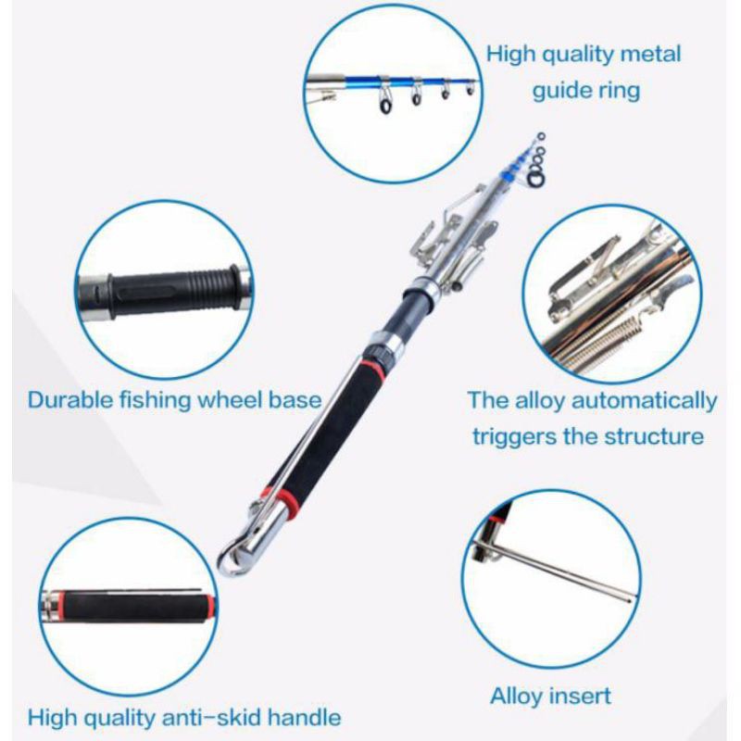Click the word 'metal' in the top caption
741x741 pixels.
(650, 54)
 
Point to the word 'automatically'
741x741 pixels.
(644, 402)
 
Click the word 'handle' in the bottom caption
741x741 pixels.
(304, 717)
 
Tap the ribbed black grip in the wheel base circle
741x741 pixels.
(174, 291)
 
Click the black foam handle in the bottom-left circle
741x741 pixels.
(136, 607)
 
